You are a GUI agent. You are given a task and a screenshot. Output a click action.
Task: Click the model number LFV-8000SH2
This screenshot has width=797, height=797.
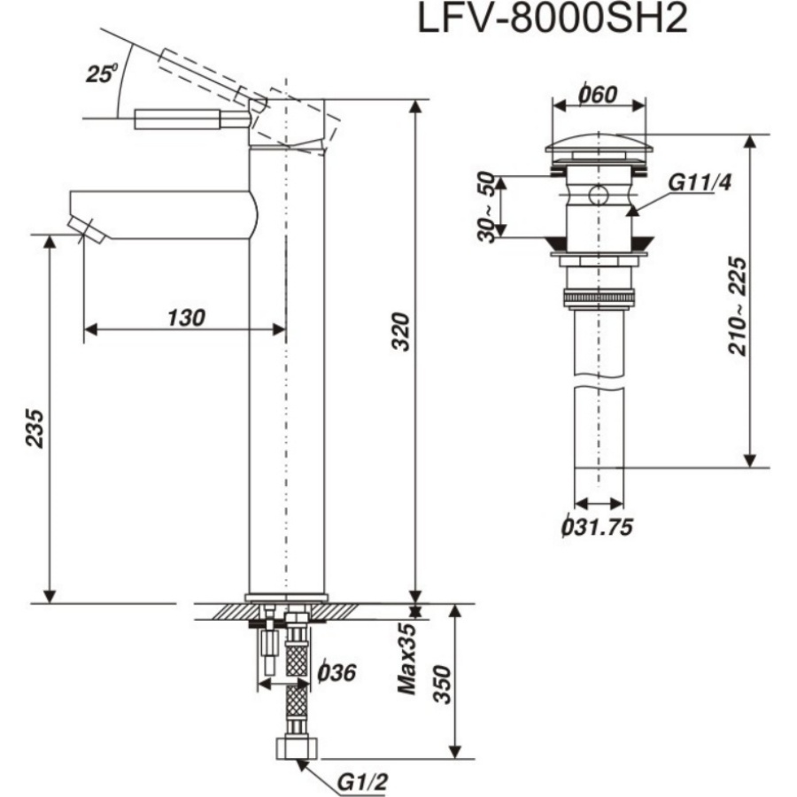(x=553, y=19)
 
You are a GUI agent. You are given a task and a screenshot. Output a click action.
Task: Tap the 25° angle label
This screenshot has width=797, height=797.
(x=101, y=74)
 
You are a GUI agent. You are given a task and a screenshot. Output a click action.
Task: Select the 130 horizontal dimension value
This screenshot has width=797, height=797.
(x=185, y=317)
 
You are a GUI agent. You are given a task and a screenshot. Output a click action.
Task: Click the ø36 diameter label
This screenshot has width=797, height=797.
(x=336, y=672)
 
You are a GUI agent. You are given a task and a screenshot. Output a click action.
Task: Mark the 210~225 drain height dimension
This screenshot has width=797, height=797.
(x=737, y=306)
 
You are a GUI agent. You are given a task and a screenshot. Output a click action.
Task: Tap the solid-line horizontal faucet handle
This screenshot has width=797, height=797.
(x=190, y=120)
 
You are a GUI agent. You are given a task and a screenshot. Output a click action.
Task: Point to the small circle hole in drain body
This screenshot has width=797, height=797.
(x=599, y=196)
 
